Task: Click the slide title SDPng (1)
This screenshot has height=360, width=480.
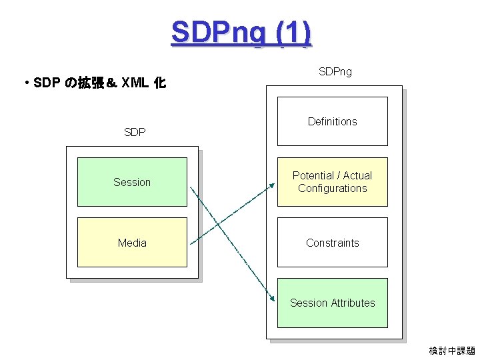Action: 241,32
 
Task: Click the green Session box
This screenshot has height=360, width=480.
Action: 132,182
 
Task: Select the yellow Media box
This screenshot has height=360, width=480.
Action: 132,243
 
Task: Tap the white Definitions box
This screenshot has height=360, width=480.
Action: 332,121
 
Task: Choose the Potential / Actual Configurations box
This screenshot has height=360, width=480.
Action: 332,182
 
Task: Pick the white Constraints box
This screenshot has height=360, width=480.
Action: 332,243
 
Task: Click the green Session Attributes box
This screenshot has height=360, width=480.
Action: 332,303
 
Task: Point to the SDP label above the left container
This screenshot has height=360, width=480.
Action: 135,132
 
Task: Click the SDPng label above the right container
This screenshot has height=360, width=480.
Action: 335,71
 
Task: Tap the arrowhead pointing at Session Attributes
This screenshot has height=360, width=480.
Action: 273,299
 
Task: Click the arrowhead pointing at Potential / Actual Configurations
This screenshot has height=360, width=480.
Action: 273,187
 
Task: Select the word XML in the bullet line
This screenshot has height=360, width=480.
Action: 135,84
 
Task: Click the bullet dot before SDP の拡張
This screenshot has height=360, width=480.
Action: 25,84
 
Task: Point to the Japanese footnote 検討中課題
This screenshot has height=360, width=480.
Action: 452,351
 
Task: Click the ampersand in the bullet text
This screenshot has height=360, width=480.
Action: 111,84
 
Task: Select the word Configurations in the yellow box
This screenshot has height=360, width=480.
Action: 333,189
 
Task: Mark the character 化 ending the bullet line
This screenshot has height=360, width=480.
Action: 160,84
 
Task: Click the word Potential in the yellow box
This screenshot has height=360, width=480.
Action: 313,175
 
